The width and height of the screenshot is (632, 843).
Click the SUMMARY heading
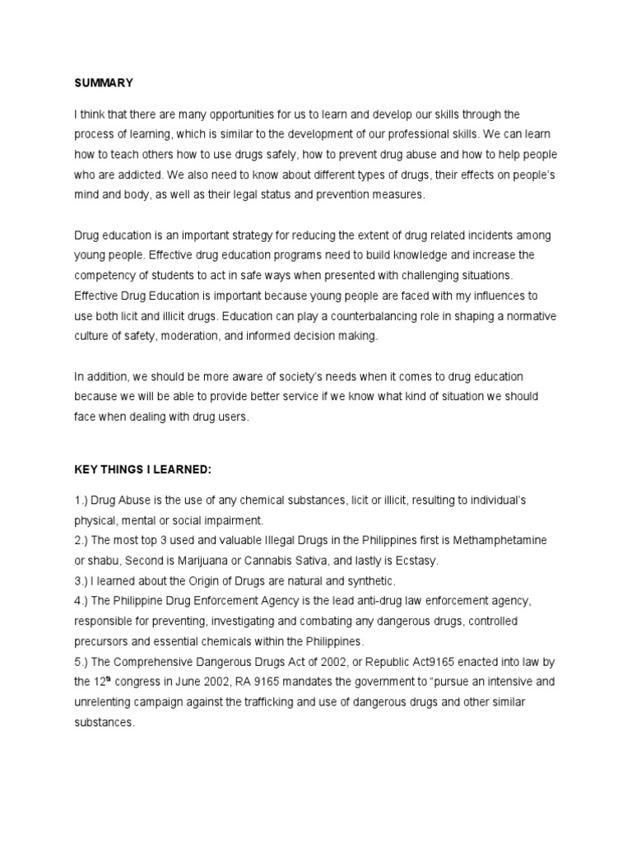pyautogui.click(x=104, y=82)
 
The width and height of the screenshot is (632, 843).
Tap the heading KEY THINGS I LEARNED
pyautogui.click(x=143, y=468)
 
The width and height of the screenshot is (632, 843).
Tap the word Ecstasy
pyautogui.click(x=415, y=561)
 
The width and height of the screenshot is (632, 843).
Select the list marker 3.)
pyautogui.click(x=82, y=580)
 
